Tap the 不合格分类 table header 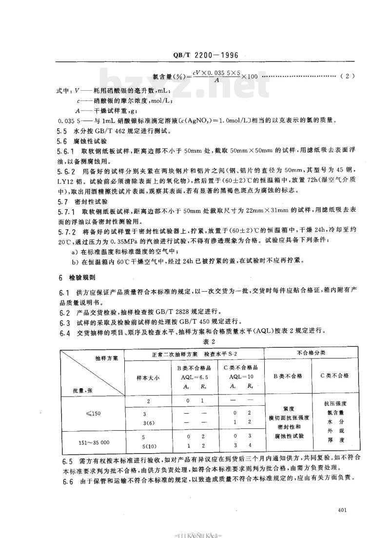coord(311,353)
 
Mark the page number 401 coord(341,510)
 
